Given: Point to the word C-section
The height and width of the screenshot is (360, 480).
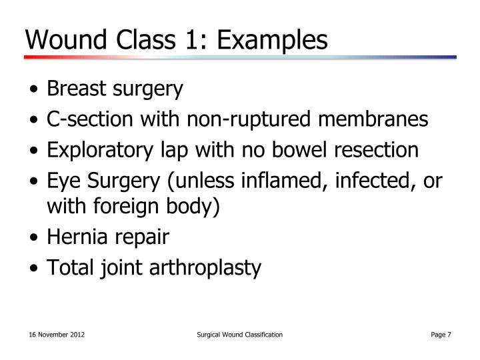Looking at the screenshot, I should [81, 119].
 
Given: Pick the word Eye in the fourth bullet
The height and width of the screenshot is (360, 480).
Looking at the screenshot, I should [61, 182].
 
